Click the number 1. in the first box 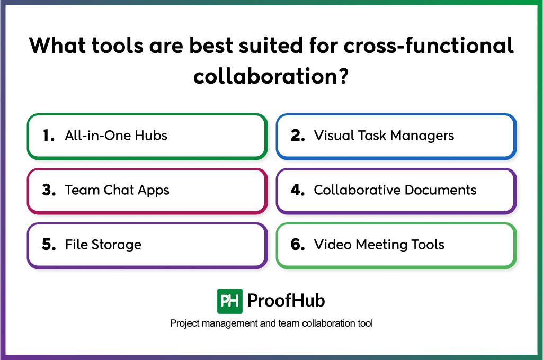pyautogui.click(x=49, y=136)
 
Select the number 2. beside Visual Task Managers pyautogui.click(x=298, y=136)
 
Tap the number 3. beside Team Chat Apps pyautogui.click(x=49, y=190)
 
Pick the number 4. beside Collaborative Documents pyautogui.click(x=298, y=190)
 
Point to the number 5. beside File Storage pyautogui.click(x=49, y=245)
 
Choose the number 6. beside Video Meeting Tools pyautogui.click(x=298, y=245)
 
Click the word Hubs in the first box pyautogui.click(x=151, y=136)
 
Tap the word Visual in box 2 pyautogui.click(x=334, y=136)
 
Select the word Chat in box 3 pyautogui.click(x=119, y=190)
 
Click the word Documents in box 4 pyautogui.click(x=441, y=190)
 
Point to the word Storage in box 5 pyautogui.click(x=117, y=245)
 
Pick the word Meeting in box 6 pyautogui.click(x=381, y=245)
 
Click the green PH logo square pyautogui.click(x=229, y=301)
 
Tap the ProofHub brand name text pyautogui.click(x=286, y=301)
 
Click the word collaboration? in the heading pyautogui.click(x=271, y=76)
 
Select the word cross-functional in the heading pyautogui.click(x=429, y=45)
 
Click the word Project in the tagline pyautogui.click(x=184, y=323)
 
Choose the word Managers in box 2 pyautogui.click(x=422, y=136)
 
